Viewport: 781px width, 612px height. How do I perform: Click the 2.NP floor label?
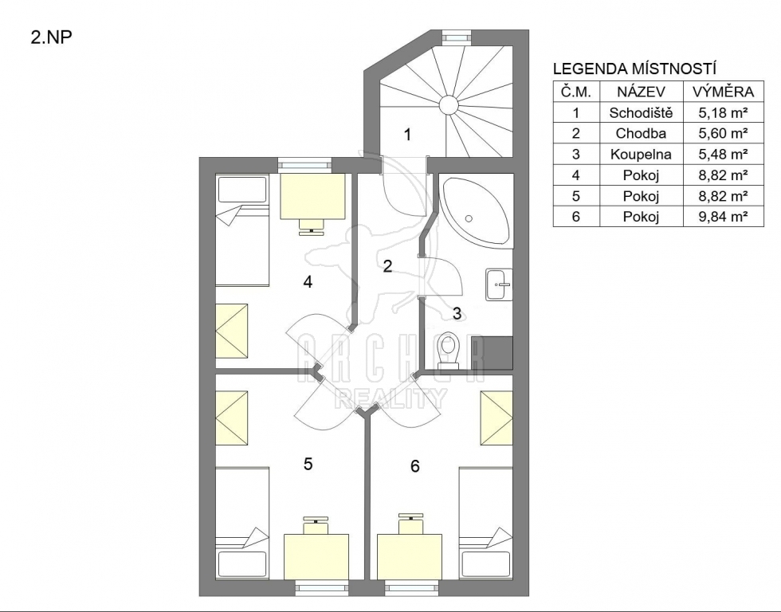coord(52,38)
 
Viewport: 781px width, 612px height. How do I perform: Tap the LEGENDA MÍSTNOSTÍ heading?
coord(634,69)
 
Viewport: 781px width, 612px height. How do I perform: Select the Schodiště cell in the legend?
coord(641,112)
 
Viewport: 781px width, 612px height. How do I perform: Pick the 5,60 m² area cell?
coord(724,133)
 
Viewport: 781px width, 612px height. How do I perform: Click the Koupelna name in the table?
coord(641,155)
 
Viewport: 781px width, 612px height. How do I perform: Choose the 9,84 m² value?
coord(724,217)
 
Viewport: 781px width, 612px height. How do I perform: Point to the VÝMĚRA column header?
coord(724,92)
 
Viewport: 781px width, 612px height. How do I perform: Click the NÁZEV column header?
coord(641,92)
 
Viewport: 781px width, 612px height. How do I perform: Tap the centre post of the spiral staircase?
coord(448,105)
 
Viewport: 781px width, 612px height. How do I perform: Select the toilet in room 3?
coord(448,351)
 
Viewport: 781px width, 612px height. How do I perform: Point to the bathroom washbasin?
coord(499,284)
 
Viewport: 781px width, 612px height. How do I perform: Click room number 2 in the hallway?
coord(387,266)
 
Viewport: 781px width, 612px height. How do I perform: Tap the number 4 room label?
coord(308,282)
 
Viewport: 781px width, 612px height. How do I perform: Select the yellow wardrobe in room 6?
coord(496,418)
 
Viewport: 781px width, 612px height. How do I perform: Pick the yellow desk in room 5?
coord(316,557)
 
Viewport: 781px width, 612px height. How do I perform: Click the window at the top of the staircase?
coord(457,37)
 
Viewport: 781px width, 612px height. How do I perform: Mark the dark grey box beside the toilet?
coord(499,353)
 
